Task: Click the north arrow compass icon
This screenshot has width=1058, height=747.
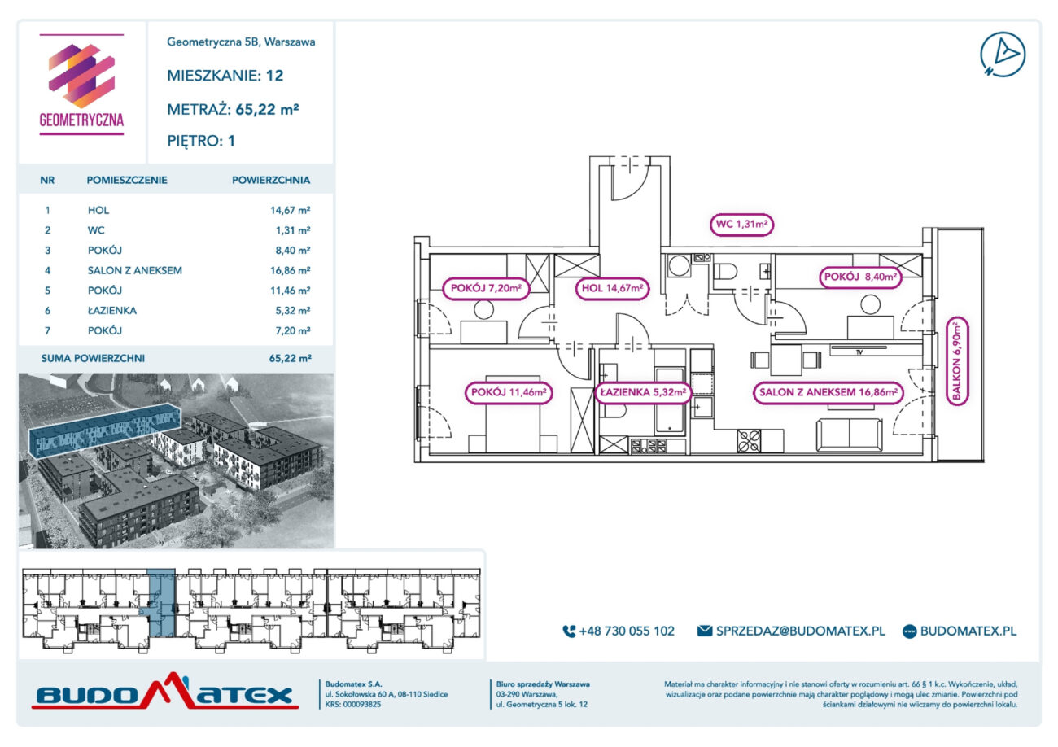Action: tap(1003, 55)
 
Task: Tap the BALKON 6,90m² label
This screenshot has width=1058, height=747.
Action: tap(957, 361)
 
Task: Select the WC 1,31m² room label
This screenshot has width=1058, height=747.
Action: tap(741, 225)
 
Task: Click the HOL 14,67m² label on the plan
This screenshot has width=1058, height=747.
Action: tap(612, 288)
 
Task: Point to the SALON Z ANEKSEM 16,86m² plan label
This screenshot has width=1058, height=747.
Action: tap(828, 392)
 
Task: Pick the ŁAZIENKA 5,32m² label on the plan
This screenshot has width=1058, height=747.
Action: tap(643, 392)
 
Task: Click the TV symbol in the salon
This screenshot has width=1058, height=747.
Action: tap(859, 350)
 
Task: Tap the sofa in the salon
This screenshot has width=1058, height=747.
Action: tap(849, 435)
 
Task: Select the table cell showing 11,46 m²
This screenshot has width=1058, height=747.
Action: tap(290, 290)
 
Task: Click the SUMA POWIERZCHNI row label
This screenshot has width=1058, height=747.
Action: tap(93, 358)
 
